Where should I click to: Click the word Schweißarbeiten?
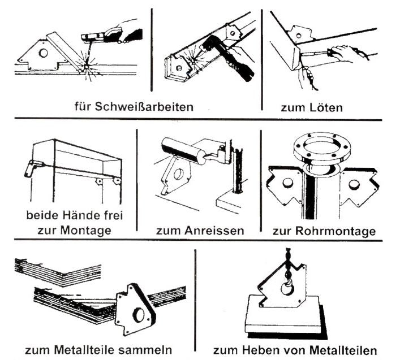tap(144, 107)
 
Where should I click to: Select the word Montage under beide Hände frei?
tap(85, 231)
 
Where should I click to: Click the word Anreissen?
tap(214, 231)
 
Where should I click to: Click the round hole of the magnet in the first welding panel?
tap(44, 53)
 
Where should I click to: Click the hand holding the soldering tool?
tap(343, 53)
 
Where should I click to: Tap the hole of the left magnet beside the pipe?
tap(288, 183)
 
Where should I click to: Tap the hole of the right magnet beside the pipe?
tap(354, 184)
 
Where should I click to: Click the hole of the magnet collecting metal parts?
tap(139, 315)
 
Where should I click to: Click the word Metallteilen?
tap(343, 350)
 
